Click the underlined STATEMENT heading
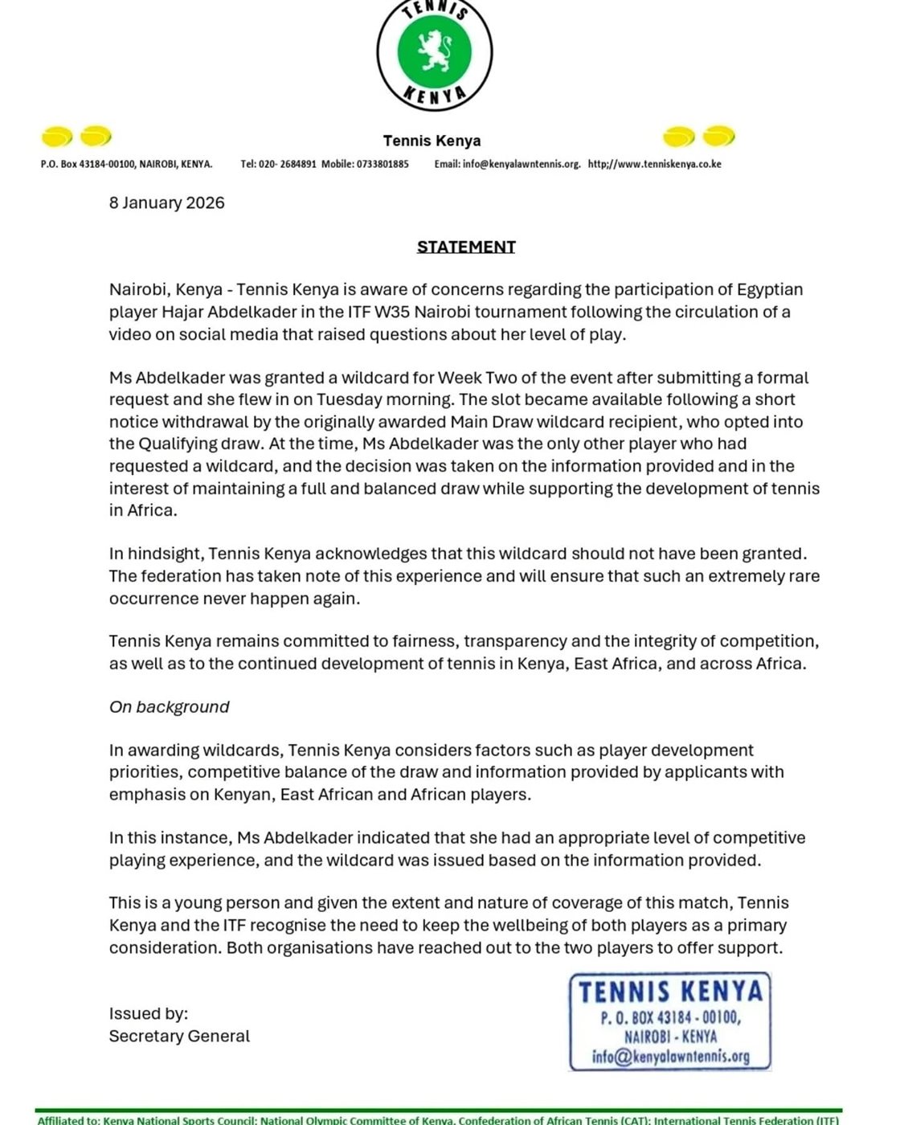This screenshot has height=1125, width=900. tap(466, 247)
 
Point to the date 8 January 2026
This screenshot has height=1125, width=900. tap(167, 202)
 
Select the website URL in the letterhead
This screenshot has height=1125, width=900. tap(654, 164)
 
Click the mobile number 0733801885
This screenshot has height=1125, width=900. tap(382, 164)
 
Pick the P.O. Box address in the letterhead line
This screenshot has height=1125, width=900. tap(126, 164)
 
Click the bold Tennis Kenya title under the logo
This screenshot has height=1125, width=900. tap(432, 141)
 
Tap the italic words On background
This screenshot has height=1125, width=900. tap(170, 707)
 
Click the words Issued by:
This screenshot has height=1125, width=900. tap(149, 1014)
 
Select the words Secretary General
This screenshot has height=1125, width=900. tap(179, 1037)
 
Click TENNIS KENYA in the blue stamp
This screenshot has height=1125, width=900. tap(670, 992)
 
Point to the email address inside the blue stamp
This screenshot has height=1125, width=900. tap(670, 1056)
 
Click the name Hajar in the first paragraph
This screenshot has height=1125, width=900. tap(181, 312)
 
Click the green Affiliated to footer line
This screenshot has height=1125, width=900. tap(439, 1119)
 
